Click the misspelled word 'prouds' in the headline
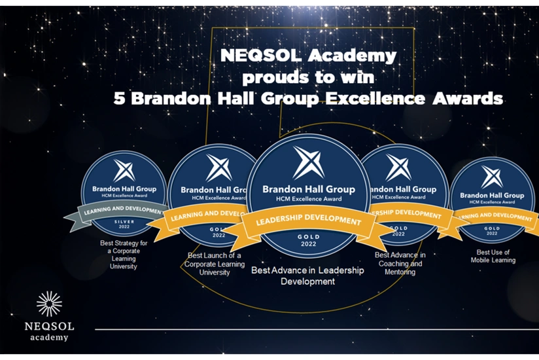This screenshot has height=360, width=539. (x=271, y=77)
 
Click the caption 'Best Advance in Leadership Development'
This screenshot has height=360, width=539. (x=307, y=275)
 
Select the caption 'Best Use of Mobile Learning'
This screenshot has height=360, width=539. (x=493, y=256)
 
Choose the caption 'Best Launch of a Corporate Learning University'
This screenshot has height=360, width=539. (x=215, y=263)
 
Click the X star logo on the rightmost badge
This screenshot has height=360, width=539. (x=492, y=177)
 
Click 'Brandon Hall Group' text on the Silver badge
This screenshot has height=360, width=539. (x=123, y=188)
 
